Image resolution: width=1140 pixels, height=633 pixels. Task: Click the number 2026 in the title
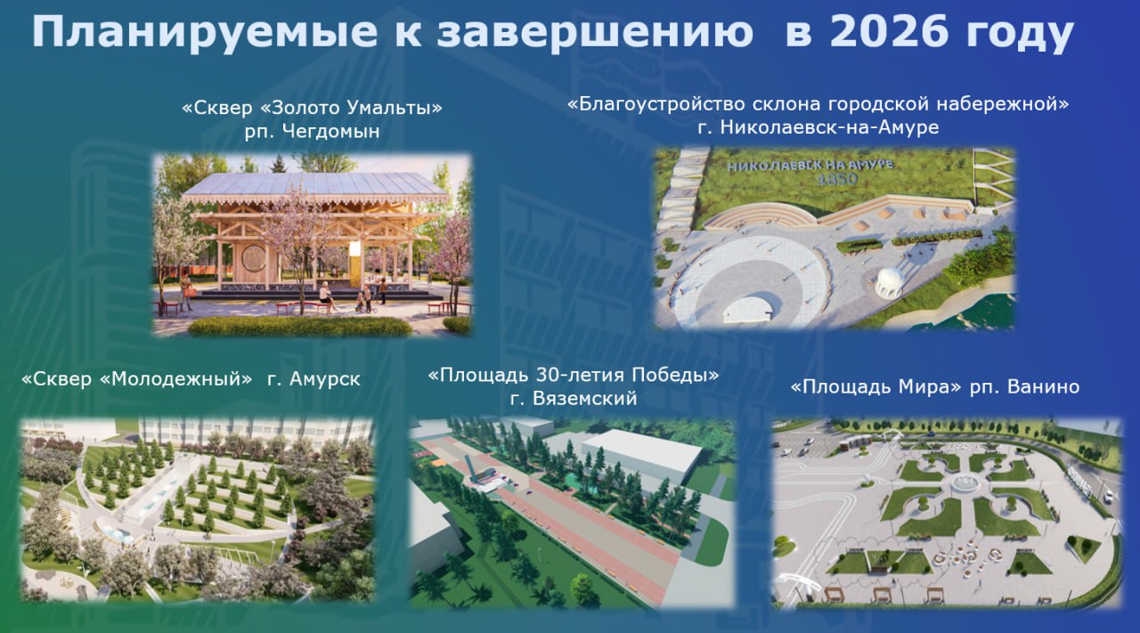point(889,31)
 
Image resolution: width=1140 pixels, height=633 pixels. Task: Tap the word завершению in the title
point(595,33)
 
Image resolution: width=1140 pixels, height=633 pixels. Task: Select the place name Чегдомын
point(330,131)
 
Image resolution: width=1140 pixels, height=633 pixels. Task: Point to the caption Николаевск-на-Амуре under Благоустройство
point(829,126)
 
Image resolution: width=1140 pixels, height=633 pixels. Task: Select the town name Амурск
point(325,379)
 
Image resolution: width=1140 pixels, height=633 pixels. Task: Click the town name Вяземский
point(584,398)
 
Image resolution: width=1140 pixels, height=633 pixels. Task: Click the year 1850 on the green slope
point(836,179)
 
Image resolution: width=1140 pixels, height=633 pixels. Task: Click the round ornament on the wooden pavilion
point(254,258)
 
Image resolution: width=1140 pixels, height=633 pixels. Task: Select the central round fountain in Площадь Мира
point(964,483)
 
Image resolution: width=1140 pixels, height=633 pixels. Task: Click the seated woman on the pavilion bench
point(326,296)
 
